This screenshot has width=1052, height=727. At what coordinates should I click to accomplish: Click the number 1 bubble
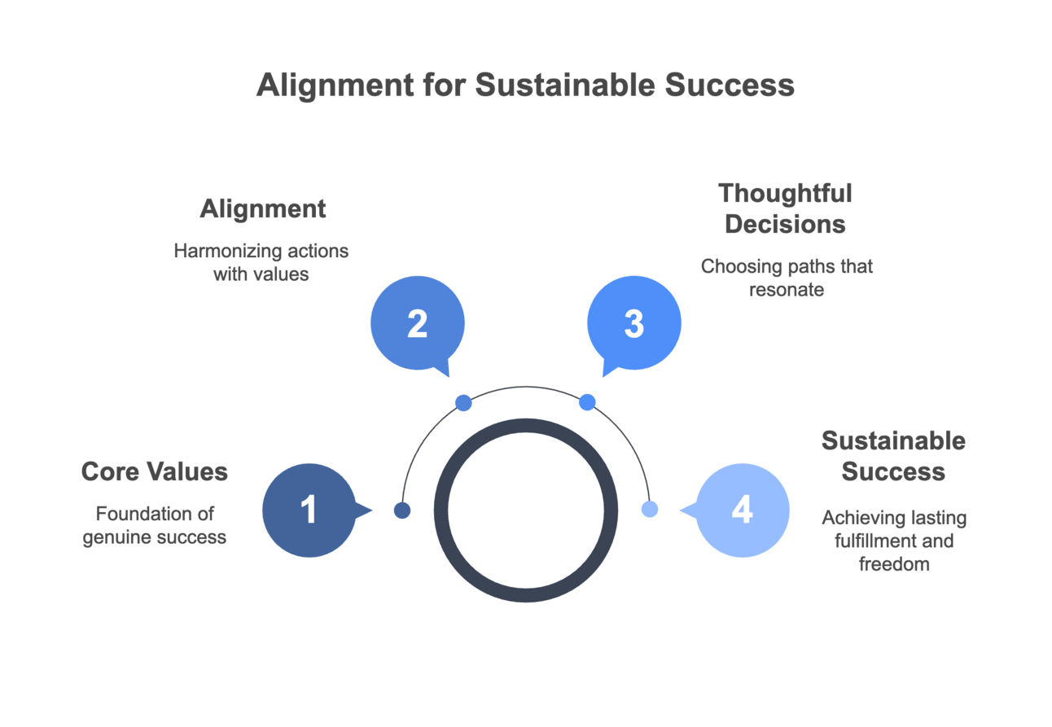(x=309, y=510)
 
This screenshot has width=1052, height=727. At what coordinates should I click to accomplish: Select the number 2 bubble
(x=417, y=323)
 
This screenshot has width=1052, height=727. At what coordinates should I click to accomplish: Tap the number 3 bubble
(x=633, y=323)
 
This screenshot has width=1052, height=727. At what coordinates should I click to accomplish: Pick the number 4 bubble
(x=742, y=510)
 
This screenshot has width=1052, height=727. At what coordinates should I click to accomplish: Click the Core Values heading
(x=155, y=471)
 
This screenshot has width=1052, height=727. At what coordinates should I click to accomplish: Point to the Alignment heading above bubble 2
(x=262, y=209)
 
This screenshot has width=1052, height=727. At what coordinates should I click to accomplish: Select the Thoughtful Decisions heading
(x=785, y=208)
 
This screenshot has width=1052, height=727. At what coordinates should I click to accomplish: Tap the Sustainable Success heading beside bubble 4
(x=893, y=456)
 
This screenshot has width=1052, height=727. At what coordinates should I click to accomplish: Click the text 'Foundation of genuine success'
(x=155, y=525)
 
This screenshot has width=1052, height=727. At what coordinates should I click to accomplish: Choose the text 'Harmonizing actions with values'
(x=261, y=262)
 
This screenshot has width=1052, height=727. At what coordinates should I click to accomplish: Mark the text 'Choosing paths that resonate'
(x=787, y=278)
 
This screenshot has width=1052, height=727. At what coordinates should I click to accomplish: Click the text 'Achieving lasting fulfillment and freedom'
(x=894, y=541)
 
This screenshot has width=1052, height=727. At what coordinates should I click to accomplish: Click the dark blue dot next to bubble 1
(x=402, y=510)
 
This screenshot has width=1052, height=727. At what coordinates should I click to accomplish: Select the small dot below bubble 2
(x=463, y=402)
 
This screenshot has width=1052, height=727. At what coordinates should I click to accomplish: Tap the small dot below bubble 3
(x=587, y=402)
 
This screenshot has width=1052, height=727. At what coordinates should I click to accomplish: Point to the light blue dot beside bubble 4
(x=649, y=510)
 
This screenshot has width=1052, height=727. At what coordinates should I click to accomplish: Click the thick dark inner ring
(x=525, y=424)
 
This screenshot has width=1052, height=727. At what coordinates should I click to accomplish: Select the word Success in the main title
(x=730, y=85)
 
